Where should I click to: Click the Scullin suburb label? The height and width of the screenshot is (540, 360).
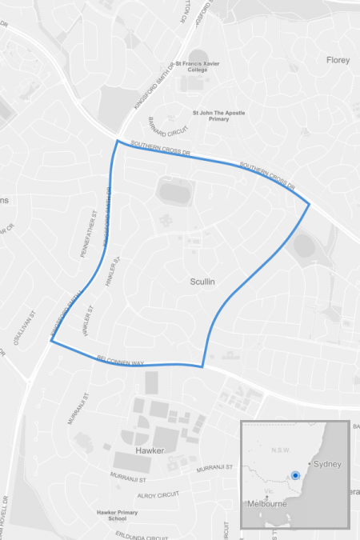(204, 282)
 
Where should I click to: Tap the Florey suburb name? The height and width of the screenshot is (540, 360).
(338, 60)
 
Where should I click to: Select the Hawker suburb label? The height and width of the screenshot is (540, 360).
(150, 450)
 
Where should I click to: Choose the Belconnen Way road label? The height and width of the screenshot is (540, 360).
(120, 362)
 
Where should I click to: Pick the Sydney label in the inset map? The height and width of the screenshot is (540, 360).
(327, 464)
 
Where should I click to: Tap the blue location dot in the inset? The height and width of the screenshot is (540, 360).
(296, 475)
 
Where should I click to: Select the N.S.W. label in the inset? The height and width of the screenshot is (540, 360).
(279, 449)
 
